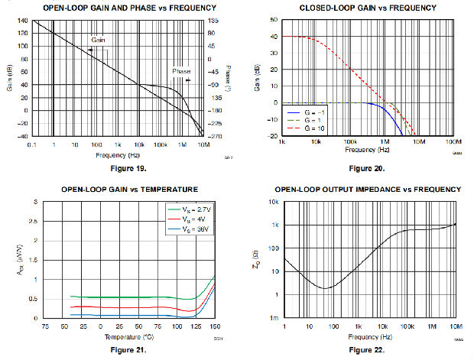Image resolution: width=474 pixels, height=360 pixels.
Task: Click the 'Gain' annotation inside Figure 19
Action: click(98, 39)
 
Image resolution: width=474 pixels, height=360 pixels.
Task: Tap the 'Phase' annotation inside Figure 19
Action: click(181, 71)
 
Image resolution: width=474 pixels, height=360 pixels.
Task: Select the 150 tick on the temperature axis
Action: click(216, 326)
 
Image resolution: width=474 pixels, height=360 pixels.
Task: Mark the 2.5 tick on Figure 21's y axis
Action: click(34, 222)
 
